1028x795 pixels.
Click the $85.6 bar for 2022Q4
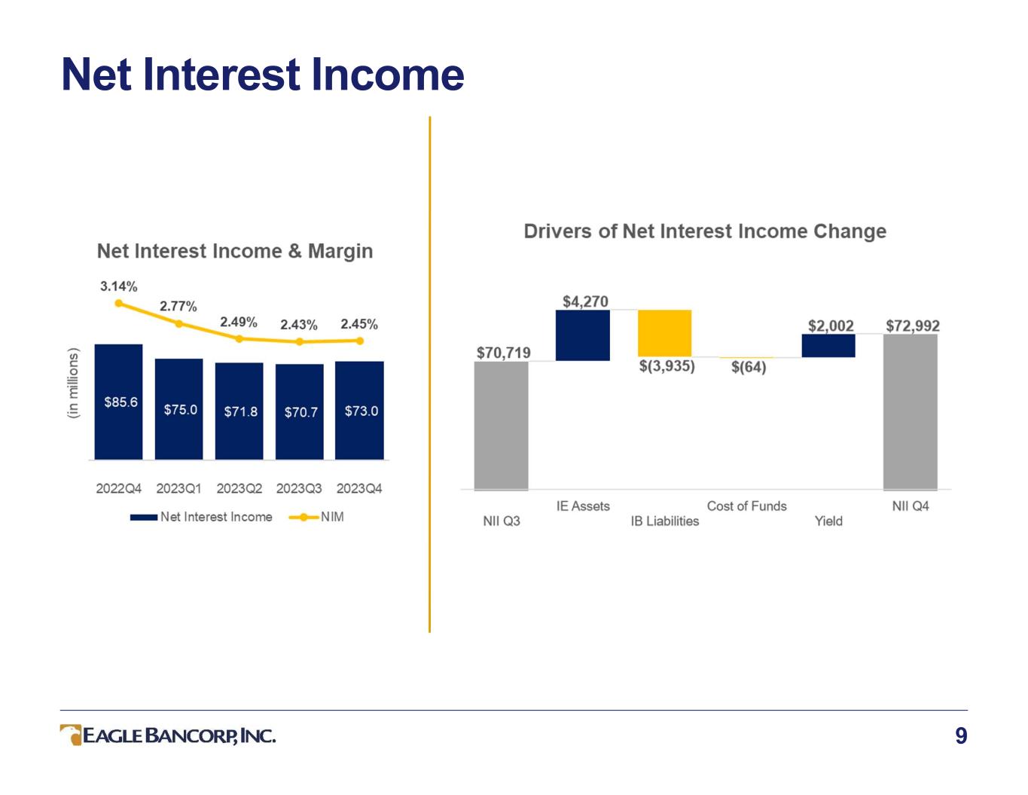118,402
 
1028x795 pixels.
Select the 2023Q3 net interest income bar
300,411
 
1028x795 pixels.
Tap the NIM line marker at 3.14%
119,303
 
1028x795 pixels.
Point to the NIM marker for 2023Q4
359,341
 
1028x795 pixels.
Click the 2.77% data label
178,306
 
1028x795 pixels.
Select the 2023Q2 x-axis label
239,488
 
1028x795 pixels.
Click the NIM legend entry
316,517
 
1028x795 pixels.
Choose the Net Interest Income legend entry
201,517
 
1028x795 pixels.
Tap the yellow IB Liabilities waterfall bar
665,333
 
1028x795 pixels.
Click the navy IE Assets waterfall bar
583,335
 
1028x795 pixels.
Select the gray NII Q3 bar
501,426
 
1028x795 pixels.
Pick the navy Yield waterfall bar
828,345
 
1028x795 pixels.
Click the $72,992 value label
913,326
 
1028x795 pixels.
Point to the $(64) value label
749,367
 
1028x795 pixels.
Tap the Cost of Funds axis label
746,506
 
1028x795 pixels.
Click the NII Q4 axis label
911,506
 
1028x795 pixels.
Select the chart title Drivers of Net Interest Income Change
705,231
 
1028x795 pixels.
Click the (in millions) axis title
73,383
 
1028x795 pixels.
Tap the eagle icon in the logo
71,735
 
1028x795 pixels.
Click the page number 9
961,736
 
